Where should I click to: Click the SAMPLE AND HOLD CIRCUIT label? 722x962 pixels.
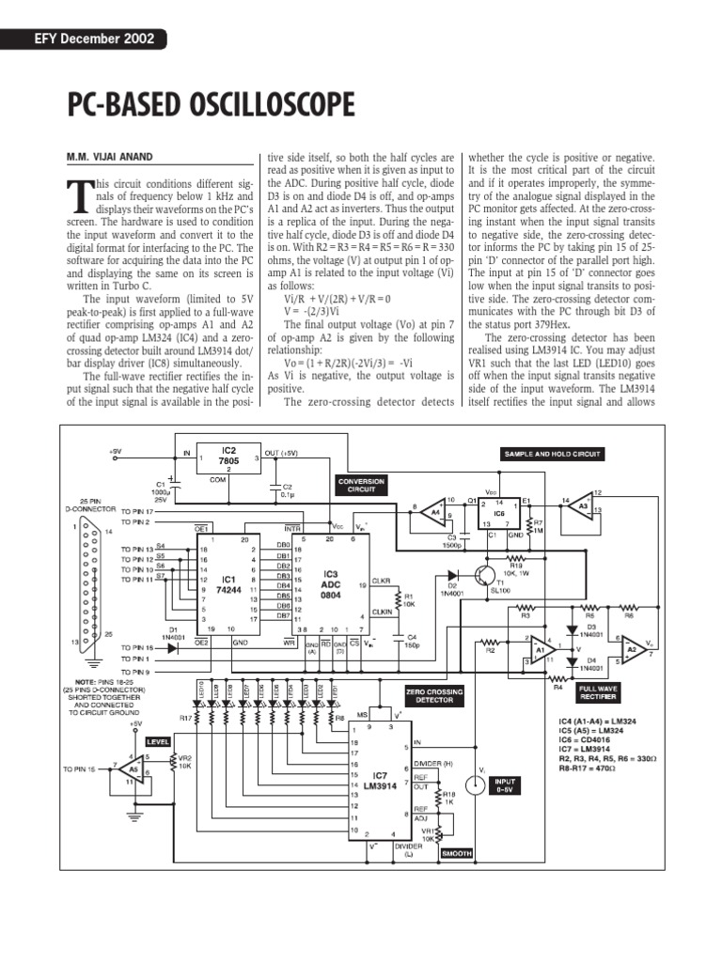553,454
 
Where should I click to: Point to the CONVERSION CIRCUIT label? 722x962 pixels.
361,486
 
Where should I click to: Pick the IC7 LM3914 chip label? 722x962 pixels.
378,778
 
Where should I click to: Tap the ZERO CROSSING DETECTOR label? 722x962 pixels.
433,696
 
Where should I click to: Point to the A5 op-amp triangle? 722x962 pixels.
134,770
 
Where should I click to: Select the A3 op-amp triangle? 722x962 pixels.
583,507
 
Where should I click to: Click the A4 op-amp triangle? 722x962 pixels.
434,511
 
